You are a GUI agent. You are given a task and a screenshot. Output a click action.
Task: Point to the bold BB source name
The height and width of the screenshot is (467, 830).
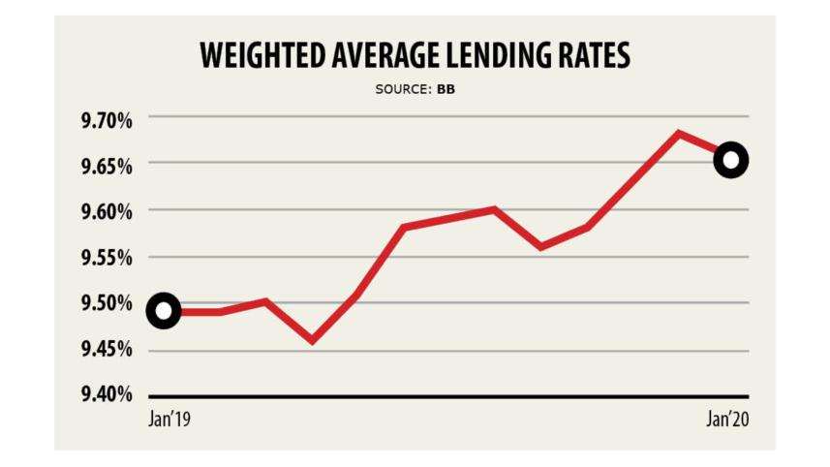coord(446,90)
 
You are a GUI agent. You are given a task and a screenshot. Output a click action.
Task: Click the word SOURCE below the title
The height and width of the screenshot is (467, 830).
coord(401,90)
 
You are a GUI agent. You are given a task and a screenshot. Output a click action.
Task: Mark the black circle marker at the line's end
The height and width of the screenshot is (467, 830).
coord(730,160)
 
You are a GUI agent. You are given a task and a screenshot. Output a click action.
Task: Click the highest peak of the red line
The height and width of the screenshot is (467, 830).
coord(680,133)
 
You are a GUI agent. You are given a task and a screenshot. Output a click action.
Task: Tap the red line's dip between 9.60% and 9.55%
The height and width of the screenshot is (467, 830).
coord(540,246)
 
